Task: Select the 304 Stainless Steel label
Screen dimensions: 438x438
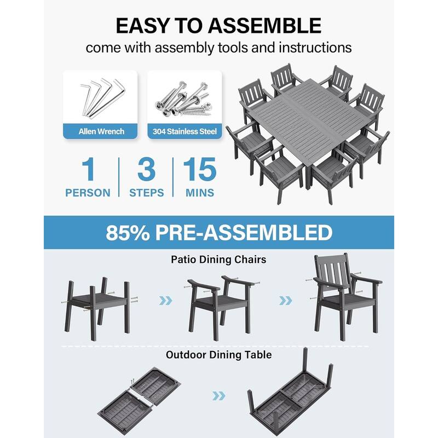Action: coord(185,131)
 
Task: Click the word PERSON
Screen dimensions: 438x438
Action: coord(88,193)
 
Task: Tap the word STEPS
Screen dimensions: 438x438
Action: coord(146,193)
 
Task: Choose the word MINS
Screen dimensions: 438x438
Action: coord(200,193)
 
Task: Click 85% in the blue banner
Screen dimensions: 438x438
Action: coord(130,232)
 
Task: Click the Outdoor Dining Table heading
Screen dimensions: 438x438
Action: coord(219,355)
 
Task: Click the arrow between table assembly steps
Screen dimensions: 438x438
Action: coord(219,395)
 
